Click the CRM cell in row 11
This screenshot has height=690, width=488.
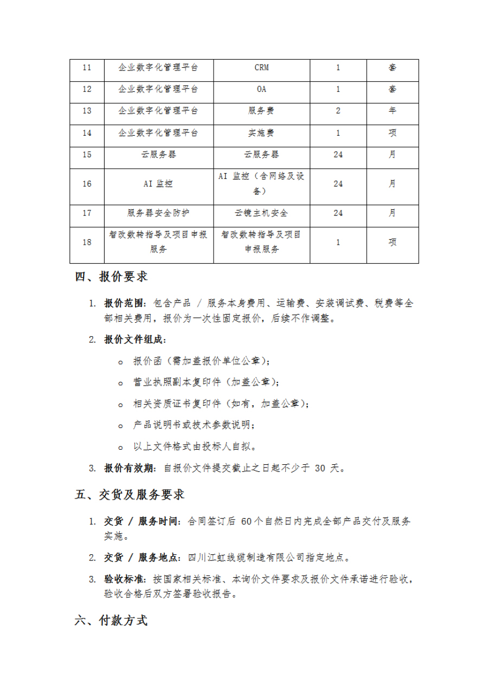(261, 68)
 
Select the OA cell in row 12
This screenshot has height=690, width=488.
(261, 90)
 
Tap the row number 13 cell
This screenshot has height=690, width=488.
(87, 111)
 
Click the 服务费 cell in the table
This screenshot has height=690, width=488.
(261, 111)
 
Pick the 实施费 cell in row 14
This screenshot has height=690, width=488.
(261, 132)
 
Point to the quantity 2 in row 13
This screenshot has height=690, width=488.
(338, 111)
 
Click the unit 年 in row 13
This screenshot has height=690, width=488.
(392, 111)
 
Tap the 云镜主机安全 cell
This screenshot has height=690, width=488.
(261, 213)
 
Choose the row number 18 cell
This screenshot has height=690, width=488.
(87, 242)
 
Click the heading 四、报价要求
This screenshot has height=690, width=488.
(111, 277)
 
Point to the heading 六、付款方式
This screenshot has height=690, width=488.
(111, 621)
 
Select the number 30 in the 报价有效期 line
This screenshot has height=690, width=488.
(320, 469)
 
